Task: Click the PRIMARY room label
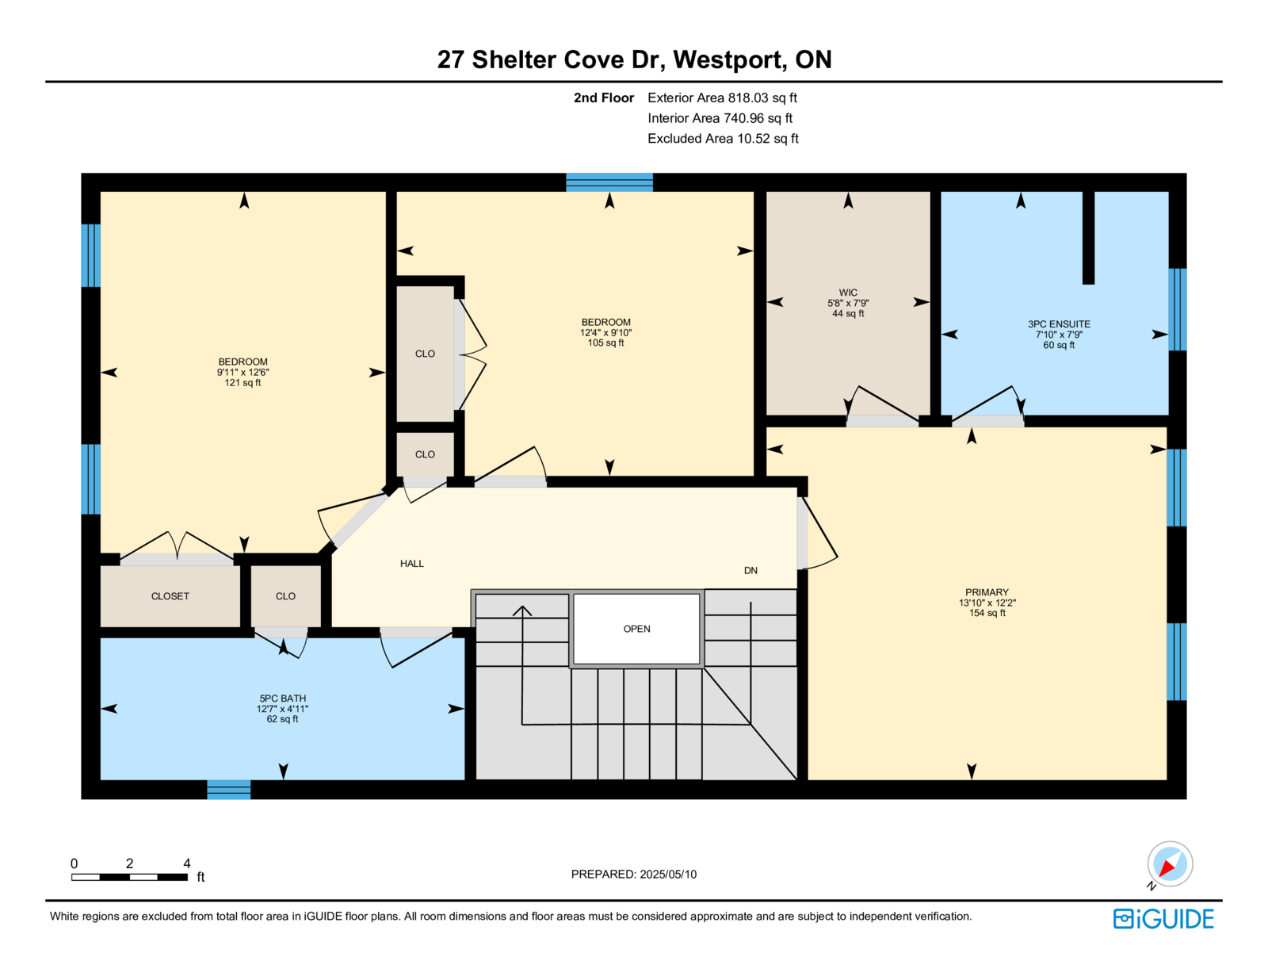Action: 986,591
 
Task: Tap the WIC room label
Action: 848,293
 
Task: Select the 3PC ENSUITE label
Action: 1059,324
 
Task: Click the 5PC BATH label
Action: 282,698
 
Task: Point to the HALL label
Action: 411,563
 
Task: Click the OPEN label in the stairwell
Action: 636,629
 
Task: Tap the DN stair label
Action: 750,570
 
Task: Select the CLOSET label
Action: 170,596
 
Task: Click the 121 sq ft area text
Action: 243,383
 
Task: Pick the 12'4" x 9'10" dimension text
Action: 605,333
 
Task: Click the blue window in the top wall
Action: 609,182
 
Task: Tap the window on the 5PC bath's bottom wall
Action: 229,789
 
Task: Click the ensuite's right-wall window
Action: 1177,309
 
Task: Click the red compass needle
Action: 1167,868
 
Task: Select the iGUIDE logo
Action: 1163,919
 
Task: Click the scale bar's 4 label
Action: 187,863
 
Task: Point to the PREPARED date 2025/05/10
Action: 668,874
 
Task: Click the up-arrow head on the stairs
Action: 522,611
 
